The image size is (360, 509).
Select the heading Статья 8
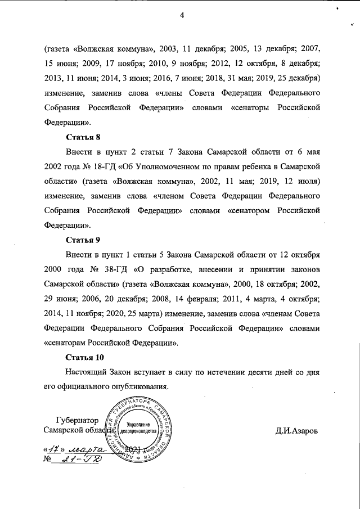[83, 137]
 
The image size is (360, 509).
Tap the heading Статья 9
[83, 239]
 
